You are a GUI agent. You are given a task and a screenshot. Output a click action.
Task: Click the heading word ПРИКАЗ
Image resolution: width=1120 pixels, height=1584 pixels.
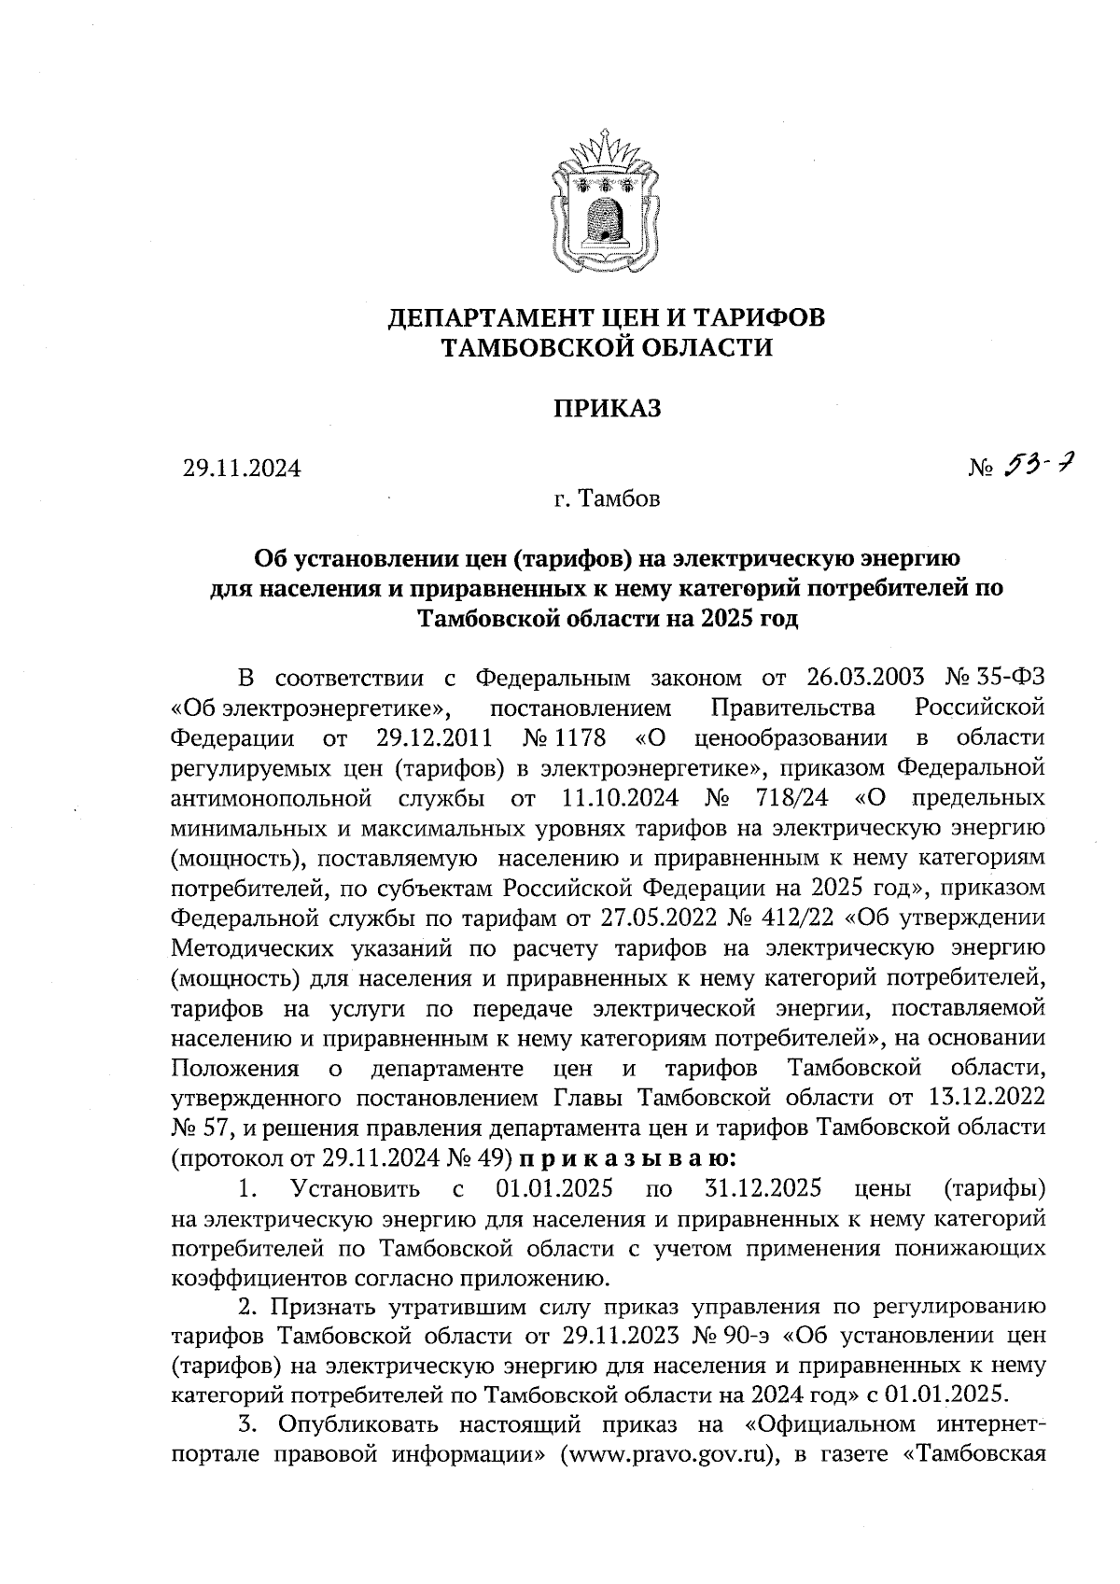point(608,409)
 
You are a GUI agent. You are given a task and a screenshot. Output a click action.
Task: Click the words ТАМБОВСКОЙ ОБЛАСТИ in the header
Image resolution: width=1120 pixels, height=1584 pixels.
point(607,348)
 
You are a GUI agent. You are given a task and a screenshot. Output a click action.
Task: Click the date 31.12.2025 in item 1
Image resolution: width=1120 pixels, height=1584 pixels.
point(759,1188)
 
